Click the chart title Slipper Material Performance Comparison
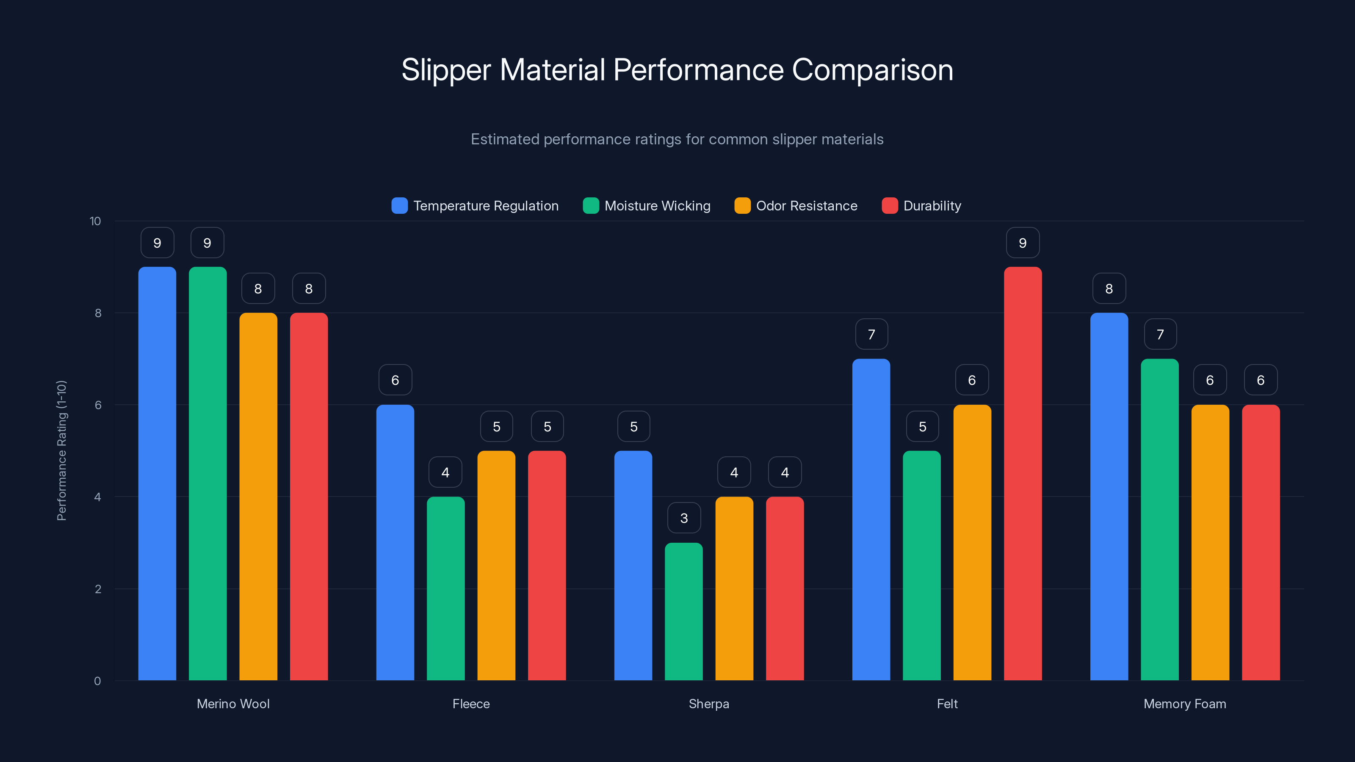(x=677, y=70)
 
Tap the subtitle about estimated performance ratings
(x=677, y=139)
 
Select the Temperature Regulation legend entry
(x=485, y=206)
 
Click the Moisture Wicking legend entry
(x=657, y=206)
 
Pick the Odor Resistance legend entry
(x=806, y=206)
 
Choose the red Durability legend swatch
(x=890, y=206)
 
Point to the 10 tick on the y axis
(x=95, y=221)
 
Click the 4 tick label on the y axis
(x=97, y=497)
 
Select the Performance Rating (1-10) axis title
(x=61, y=451)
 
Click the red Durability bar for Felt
(x=1023, y=473)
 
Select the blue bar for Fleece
(x=395, y=542)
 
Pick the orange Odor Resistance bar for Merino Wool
(x=258, y=497)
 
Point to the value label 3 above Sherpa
(x=684, y=518)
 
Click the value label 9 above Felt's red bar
(x=1023, y=243)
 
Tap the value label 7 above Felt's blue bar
(x=871, y=334)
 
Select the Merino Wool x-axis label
(x=233, y=704)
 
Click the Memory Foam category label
(x=1185, y=704)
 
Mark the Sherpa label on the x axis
(x=708, y=704)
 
